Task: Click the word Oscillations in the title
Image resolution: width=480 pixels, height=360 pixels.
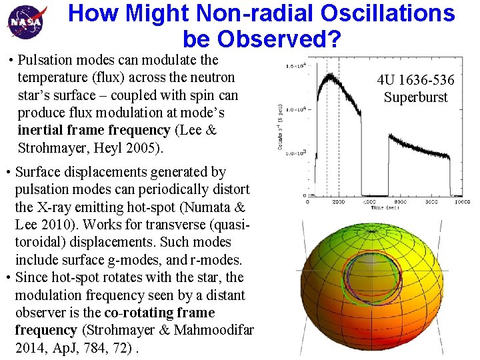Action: [x=383, y=13]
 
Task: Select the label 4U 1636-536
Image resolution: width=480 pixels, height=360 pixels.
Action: [x=415, y=81]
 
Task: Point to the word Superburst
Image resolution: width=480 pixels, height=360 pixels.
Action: [x=415, y=98]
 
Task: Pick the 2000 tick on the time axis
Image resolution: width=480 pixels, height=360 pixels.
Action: [x=339, y=202]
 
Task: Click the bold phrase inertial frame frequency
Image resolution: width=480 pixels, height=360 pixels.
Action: [x=94, y=130]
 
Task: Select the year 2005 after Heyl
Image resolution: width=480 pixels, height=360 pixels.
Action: [x=145, y=147]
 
